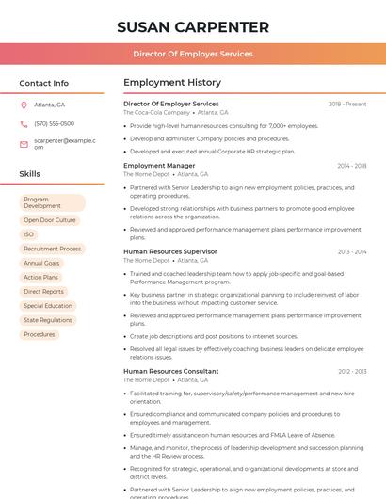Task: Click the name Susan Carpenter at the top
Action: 192,27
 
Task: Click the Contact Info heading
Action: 43,83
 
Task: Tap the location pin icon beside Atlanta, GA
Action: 24,105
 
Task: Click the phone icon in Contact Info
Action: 24,123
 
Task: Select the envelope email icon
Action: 24,143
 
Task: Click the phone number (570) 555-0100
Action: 54,123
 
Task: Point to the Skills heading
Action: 30,174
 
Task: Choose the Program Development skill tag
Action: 53,202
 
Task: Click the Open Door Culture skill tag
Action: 50,220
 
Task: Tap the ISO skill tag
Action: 29,234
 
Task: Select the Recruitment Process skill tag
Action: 53,249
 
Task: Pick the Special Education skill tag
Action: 48,306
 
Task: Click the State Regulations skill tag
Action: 48,320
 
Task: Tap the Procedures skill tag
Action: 40,334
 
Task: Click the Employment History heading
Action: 172,83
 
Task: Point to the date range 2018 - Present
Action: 347,104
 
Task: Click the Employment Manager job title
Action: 160,166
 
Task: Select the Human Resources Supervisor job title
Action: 170,251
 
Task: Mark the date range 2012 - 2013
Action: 352,372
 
